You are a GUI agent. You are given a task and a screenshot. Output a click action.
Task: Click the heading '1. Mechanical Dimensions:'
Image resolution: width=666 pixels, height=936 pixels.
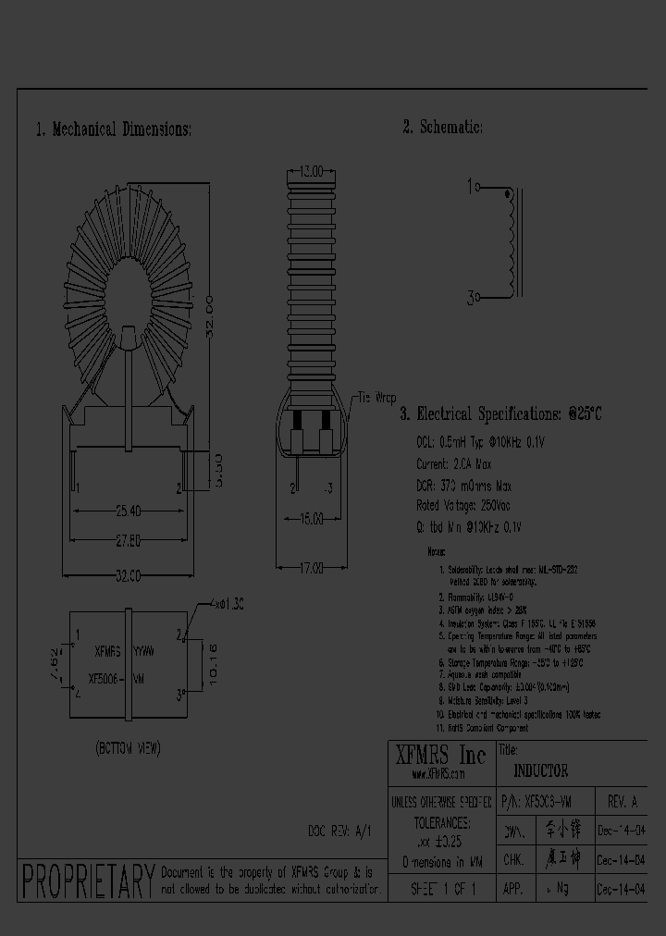[114, 129]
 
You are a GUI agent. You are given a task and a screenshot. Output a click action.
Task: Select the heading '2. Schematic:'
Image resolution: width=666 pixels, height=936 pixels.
[442, 128]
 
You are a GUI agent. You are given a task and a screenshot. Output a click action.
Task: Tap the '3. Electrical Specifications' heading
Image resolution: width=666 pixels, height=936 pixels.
[500, 414]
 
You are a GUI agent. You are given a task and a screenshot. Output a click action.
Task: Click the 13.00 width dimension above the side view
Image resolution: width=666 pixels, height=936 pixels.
[311, 172]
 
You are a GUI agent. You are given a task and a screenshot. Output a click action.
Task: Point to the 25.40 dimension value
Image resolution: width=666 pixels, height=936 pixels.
[129, 510]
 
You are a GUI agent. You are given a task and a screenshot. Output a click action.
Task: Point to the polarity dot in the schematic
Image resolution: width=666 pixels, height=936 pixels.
[506, 194]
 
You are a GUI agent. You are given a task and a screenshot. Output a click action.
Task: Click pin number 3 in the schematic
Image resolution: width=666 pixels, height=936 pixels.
[472, 298]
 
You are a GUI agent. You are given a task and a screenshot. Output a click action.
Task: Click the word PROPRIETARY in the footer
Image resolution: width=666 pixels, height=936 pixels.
[87, 881]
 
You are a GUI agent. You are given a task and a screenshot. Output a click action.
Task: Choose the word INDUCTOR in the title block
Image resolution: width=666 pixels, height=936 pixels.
[541, 770]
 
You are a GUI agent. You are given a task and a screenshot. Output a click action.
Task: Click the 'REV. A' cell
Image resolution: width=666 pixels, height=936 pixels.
[622, 802]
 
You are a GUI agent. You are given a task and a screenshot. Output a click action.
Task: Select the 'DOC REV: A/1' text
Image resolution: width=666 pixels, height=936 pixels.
[339, 831]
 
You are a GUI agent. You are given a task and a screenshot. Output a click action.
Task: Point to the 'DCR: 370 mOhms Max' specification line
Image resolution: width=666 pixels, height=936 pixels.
[463, 486]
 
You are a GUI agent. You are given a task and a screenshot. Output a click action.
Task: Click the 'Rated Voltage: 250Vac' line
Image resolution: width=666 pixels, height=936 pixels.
[463, 506]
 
